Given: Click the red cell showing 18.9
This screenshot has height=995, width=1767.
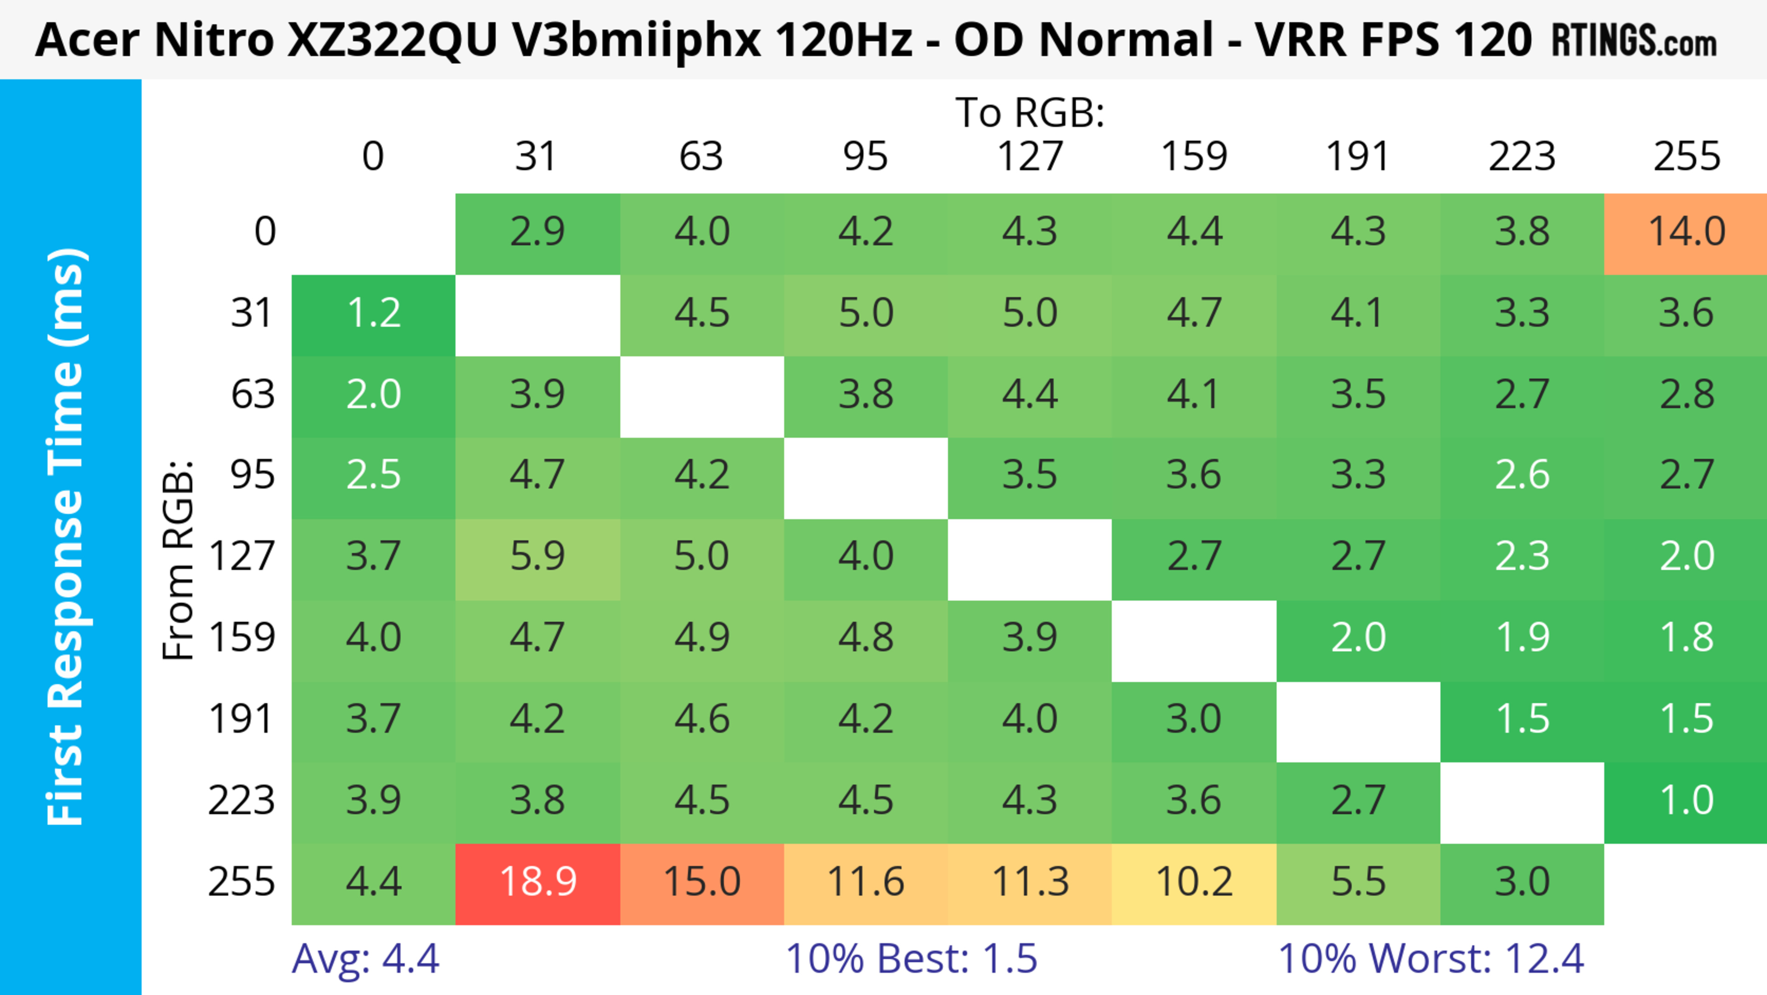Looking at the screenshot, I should [x=538, y=883].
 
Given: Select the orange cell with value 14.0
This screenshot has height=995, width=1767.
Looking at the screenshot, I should [x=1686, y=233].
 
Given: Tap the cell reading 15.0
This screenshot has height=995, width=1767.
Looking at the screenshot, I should [x=702, y=883].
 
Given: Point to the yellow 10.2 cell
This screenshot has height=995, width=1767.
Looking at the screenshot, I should [x=1194, y=883].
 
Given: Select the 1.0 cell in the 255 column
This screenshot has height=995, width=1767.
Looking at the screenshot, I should [x=1686, y=802].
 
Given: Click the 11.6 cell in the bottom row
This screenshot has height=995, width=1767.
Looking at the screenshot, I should [x=866, y=883].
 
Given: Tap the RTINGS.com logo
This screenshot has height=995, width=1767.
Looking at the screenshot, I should [x=1634, y=41].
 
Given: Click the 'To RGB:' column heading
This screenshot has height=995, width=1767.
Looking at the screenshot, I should [x=1030, y=113].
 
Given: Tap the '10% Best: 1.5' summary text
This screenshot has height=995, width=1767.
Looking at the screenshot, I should [x=911, y=959].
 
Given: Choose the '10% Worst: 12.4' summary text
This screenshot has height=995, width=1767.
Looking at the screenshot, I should [x=1431, y=959].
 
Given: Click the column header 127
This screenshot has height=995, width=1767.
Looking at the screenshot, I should [x=1030, y=157].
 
